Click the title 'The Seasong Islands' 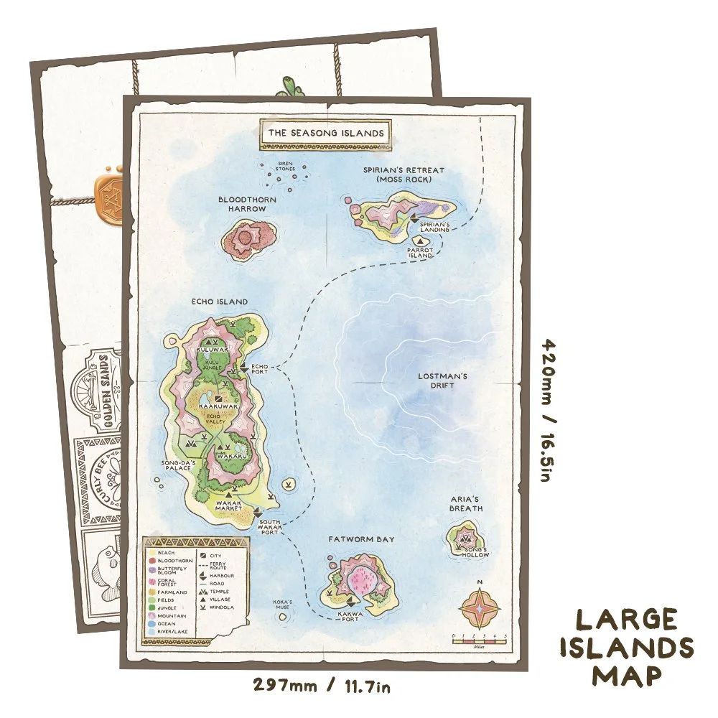click(x=326, y=133)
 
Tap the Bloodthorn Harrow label click(x=242, y=204)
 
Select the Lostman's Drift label click(x=443, y=381)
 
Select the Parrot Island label click(x=421, y=252)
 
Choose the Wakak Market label click(x=230, y=506)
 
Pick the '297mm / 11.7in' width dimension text click(x=322, y=686)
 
